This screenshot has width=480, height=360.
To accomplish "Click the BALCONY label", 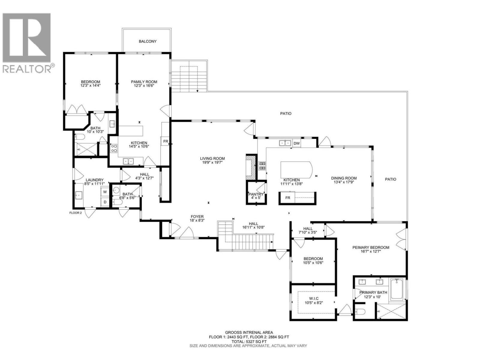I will coord(147,41).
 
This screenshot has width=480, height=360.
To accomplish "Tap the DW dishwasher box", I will coord(296,144).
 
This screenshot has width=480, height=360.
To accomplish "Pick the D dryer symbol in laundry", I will coord(105,202).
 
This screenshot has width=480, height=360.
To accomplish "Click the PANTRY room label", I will coord(256,194).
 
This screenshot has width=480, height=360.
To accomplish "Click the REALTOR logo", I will coord(27,42).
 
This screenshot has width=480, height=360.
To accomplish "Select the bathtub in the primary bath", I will coord(397,289).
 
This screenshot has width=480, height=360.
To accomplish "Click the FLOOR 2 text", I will coord(75,213).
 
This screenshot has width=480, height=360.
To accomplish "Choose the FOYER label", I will coord(197,216).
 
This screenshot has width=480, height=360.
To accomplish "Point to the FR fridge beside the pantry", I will coord(288,198).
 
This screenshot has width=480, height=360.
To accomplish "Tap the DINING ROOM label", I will coord(344,178).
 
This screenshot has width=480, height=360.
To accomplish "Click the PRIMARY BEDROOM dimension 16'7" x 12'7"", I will coord(370,251).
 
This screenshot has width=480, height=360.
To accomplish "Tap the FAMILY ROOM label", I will coord(144,82).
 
